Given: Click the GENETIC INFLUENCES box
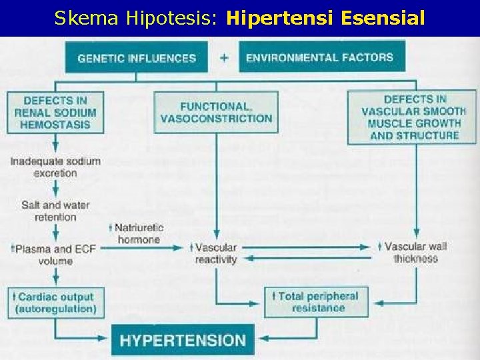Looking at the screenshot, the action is click(x=137, y=57).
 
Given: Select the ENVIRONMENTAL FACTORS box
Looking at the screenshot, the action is click(x=319, y=57).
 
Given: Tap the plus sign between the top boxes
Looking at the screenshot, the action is click(x=224, y=57).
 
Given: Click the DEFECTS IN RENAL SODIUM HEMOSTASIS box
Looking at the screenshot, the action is click(x=55, y=112).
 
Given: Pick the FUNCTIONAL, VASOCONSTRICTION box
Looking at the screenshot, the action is click(x=216, y=112).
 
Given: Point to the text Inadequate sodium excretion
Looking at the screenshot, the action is click(x=55, y=167).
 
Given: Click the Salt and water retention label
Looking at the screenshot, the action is click(x=55, y=211).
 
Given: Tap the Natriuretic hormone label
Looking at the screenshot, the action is click(x=139, y=233).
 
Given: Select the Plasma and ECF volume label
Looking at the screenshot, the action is click(x=52, y=254).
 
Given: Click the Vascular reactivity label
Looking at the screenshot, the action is click(x=215, y=253).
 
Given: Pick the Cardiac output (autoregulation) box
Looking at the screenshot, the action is click(x=55, y=303).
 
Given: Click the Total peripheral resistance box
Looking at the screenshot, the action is click(x=317, y=302).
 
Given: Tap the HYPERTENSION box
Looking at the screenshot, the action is click(x=183, y=340).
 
